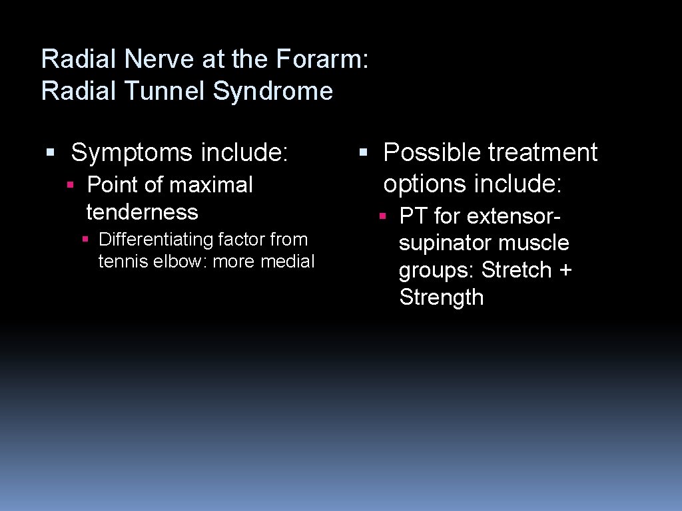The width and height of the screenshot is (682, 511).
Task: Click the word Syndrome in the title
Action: [x=272, y=90]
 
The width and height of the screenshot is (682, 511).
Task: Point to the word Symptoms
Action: [x=133, y=152]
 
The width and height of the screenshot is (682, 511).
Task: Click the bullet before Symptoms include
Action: [x=49, y=153]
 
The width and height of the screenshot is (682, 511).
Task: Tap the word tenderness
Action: [x=142, y=212]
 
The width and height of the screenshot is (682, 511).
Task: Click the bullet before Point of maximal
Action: [x=70, y=185]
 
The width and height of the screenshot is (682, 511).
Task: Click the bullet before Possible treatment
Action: [x=362, y=153]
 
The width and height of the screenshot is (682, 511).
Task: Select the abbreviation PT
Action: [x=413, y=216]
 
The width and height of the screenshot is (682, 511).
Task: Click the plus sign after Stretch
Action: [x=565, y=270]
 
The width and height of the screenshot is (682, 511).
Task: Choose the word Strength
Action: [x=441, y=297]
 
